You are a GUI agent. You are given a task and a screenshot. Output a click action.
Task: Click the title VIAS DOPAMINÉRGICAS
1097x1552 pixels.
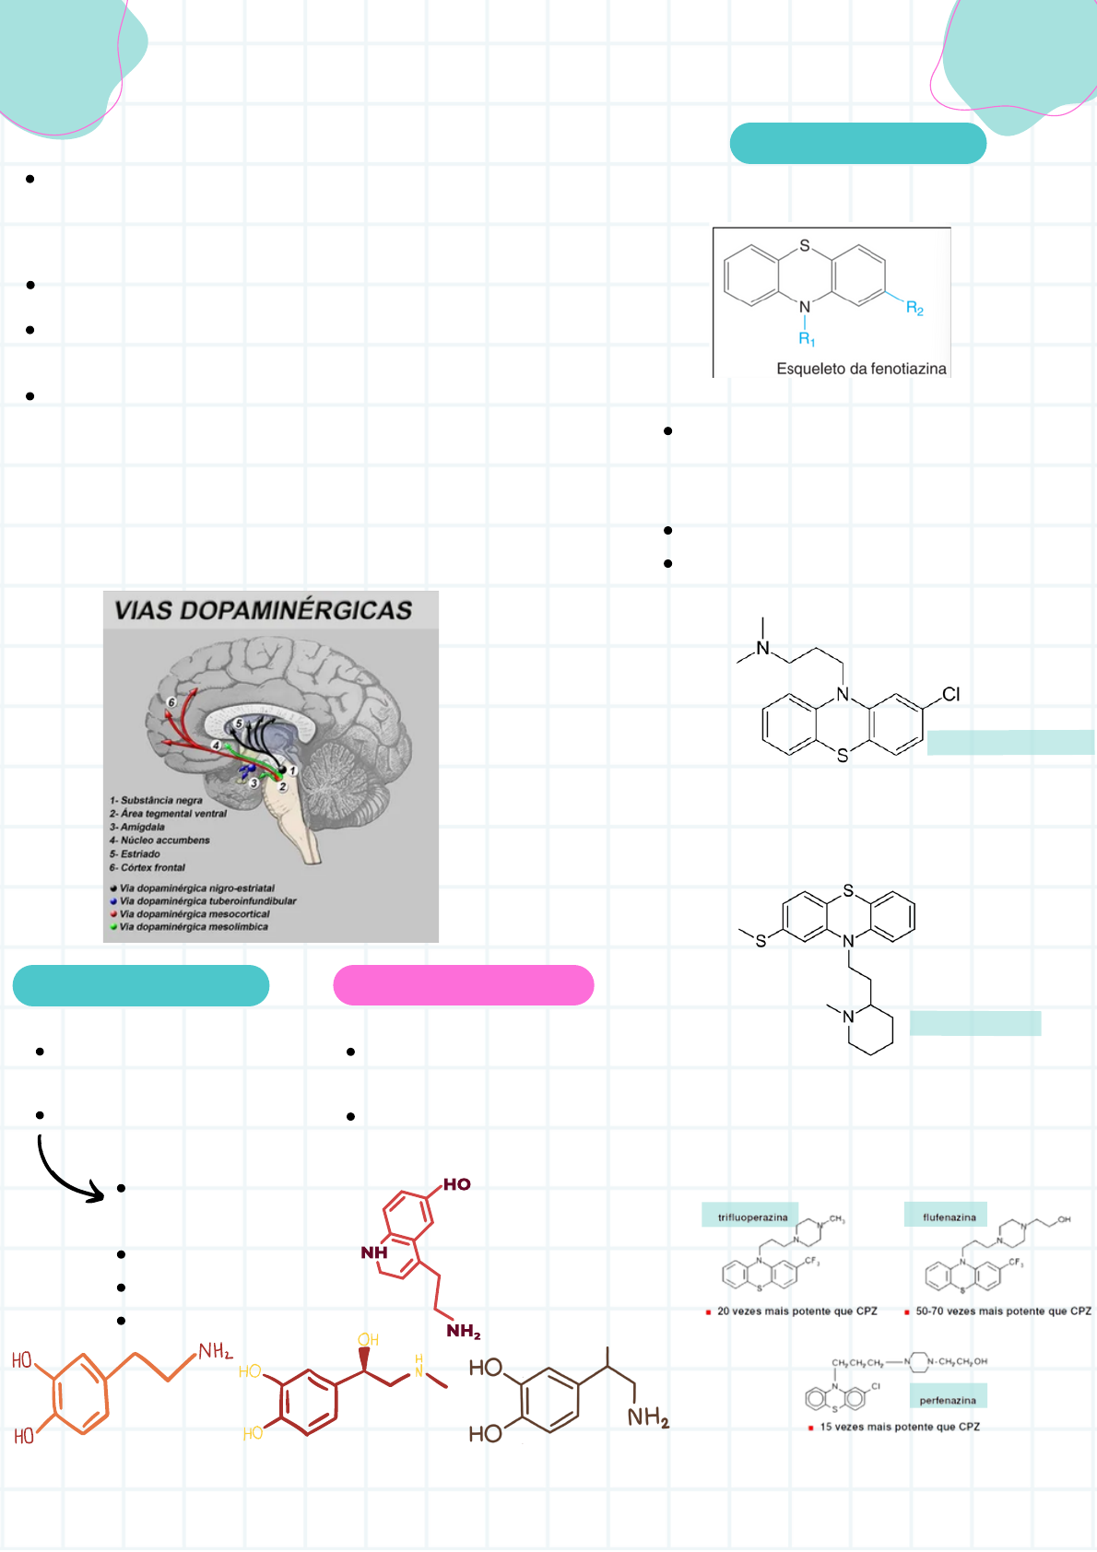pyautogui.click(x=263, y=610)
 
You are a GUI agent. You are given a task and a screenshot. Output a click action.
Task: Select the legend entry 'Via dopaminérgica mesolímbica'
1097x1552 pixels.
pyautogui.click(x=194, y=927)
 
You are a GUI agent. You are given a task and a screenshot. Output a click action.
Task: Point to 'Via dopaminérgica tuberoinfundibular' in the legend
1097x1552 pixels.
pyautogui.click(x=207, y=901)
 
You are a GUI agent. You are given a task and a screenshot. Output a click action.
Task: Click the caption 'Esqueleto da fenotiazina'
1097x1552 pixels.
pyautogui.click(x=861, y=369)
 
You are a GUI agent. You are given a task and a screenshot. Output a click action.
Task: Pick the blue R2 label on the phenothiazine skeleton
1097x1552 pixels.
pyautogui.click(x=914, y=309)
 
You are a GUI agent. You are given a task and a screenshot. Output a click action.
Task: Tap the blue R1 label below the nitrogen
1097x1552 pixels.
pyautogui.click(x=807, y=339)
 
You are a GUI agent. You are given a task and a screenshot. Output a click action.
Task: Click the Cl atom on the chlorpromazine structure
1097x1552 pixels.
pyautogui.click(x=951, y=694)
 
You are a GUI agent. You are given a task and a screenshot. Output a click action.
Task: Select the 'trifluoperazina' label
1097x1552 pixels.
pyautogui.click(x=752, y=1217)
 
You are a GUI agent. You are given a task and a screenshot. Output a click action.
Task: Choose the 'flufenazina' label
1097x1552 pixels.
pyautogui.click(x=949, y=1217)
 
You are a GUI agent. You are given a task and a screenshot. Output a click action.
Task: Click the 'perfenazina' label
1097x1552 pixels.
pyautogui.click(x=948, y=1400)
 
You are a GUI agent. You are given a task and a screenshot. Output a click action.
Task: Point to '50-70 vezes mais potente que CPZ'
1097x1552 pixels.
pyautogui.click(x=1003, y=1311)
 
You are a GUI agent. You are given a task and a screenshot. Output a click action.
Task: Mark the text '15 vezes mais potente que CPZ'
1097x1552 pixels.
pyautogui.click(x=900, y=1427)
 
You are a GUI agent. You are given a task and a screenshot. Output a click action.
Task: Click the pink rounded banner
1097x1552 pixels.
pyautogui.click(x=463, y=985)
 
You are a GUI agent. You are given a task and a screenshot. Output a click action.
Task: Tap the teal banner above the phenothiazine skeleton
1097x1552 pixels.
pyautogui.click(x=857, y=144)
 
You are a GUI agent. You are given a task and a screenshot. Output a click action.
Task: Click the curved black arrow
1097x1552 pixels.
pyautogui.click(x=65, y=1175)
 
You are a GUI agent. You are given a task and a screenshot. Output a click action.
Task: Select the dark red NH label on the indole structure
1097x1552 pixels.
pyautogui.click(x=374, y=1252)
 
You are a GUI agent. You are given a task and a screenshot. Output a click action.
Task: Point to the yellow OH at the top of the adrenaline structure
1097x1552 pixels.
pyautogui.click(x=368, y=1340)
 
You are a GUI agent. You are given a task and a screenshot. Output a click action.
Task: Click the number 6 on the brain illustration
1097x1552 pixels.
pyautogui.click(x=171, y=702)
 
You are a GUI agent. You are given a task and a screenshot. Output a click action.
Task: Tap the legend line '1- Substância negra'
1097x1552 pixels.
pyautogui.click(x=156, y=800)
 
